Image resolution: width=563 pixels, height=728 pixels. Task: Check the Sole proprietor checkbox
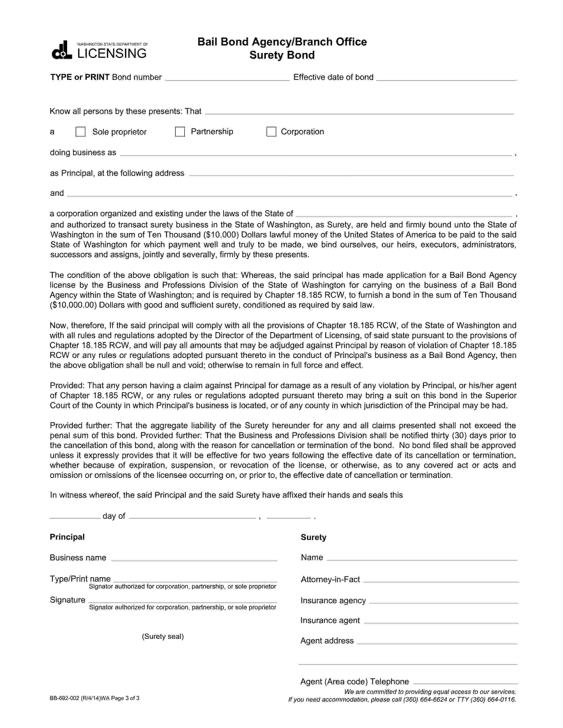80,132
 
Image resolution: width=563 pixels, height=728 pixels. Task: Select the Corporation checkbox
271,132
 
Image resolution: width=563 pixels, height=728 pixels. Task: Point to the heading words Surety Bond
282,55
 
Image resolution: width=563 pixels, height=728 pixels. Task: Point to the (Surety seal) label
163,636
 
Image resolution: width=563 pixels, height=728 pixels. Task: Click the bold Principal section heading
67,537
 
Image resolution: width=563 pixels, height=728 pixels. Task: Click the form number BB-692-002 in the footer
65,698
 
